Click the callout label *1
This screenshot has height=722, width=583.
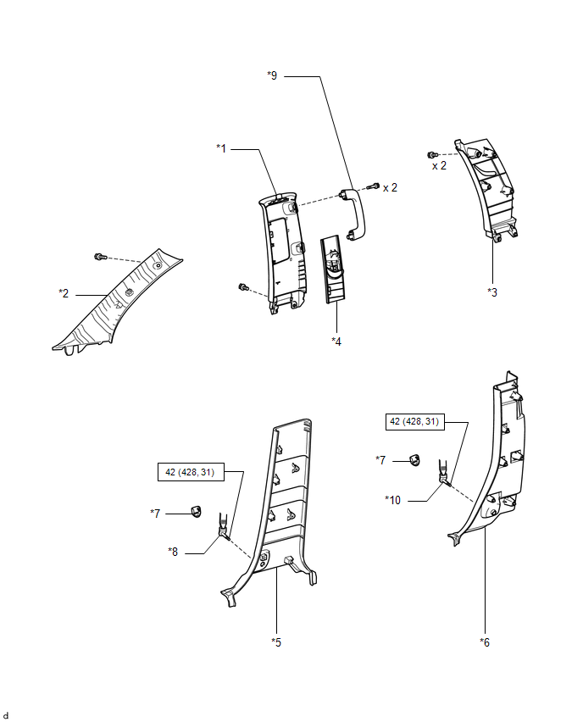[x=222, y=148]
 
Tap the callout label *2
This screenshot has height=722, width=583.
[x=64, y=293]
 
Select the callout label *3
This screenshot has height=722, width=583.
[x=492, y=292]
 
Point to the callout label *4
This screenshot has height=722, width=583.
[x=337, y=341]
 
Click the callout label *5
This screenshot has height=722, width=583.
[x=276, y=641]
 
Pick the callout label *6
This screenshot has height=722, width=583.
[x=485, y=641]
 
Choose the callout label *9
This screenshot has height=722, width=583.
[x=272, y=75]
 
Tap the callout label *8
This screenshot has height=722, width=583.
[x=174, y=551]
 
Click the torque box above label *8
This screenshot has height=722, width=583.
[x=191, y=472]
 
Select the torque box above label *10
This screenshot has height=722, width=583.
[x=414, y=421]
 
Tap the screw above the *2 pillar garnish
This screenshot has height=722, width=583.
[x=100, y=256]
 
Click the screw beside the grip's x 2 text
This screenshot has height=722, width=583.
[x=371, y=186]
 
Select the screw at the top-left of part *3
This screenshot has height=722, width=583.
[x=432, y=154]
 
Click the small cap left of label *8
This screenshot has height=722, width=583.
[x=194, y=511]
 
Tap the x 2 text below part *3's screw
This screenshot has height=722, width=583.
[x=439, y=166]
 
